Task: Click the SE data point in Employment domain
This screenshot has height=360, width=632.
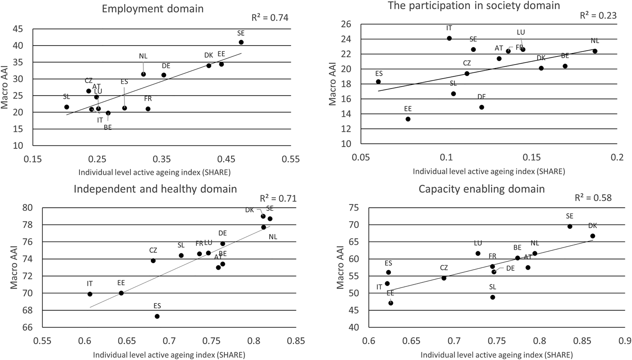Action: click(241, 42)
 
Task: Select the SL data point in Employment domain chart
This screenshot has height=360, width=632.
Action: click(67, 107)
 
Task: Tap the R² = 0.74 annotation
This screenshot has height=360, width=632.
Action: click(270, 18)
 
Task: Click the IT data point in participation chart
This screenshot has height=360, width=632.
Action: click(449, 38)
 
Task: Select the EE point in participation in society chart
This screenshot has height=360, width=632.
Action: click(408, 119)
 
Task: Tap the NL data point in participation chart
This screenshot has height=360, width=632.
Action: click(595, 51)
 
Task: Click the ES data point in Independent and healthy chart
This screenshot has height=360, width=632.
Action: click(157, 316)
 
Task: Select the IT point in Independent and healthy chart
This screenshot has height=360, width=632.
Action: click(90, 294)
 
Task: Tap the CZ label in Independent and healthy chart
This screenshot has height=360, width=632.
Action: click(153, 250)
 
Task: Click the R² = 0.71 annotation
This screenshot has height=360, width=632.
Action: click(277, 198)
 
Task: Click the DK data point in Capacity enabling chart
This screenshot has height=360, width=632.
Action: click(593, 236)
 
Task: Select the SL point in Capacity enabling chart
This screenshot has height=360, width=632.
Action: click(493, 297)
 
